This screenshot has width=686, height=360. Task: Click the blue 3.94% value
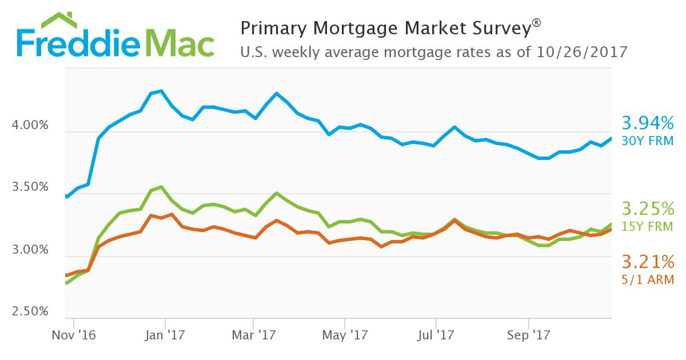pos(648,123)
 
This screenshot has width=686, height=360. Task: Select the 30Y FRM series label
pos(648,141)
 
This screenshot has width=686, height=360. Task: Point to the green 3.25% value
pos(648,208)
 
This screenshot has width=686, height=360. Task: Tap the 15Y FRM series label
pos(648,226)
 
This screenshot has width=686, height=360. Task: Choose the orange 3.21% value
pos(648,262)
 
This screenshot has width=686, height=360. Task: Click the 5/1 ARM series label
pos(648,280)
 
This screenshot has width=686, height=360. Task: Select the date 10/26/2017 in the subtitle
pos(582,53)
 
